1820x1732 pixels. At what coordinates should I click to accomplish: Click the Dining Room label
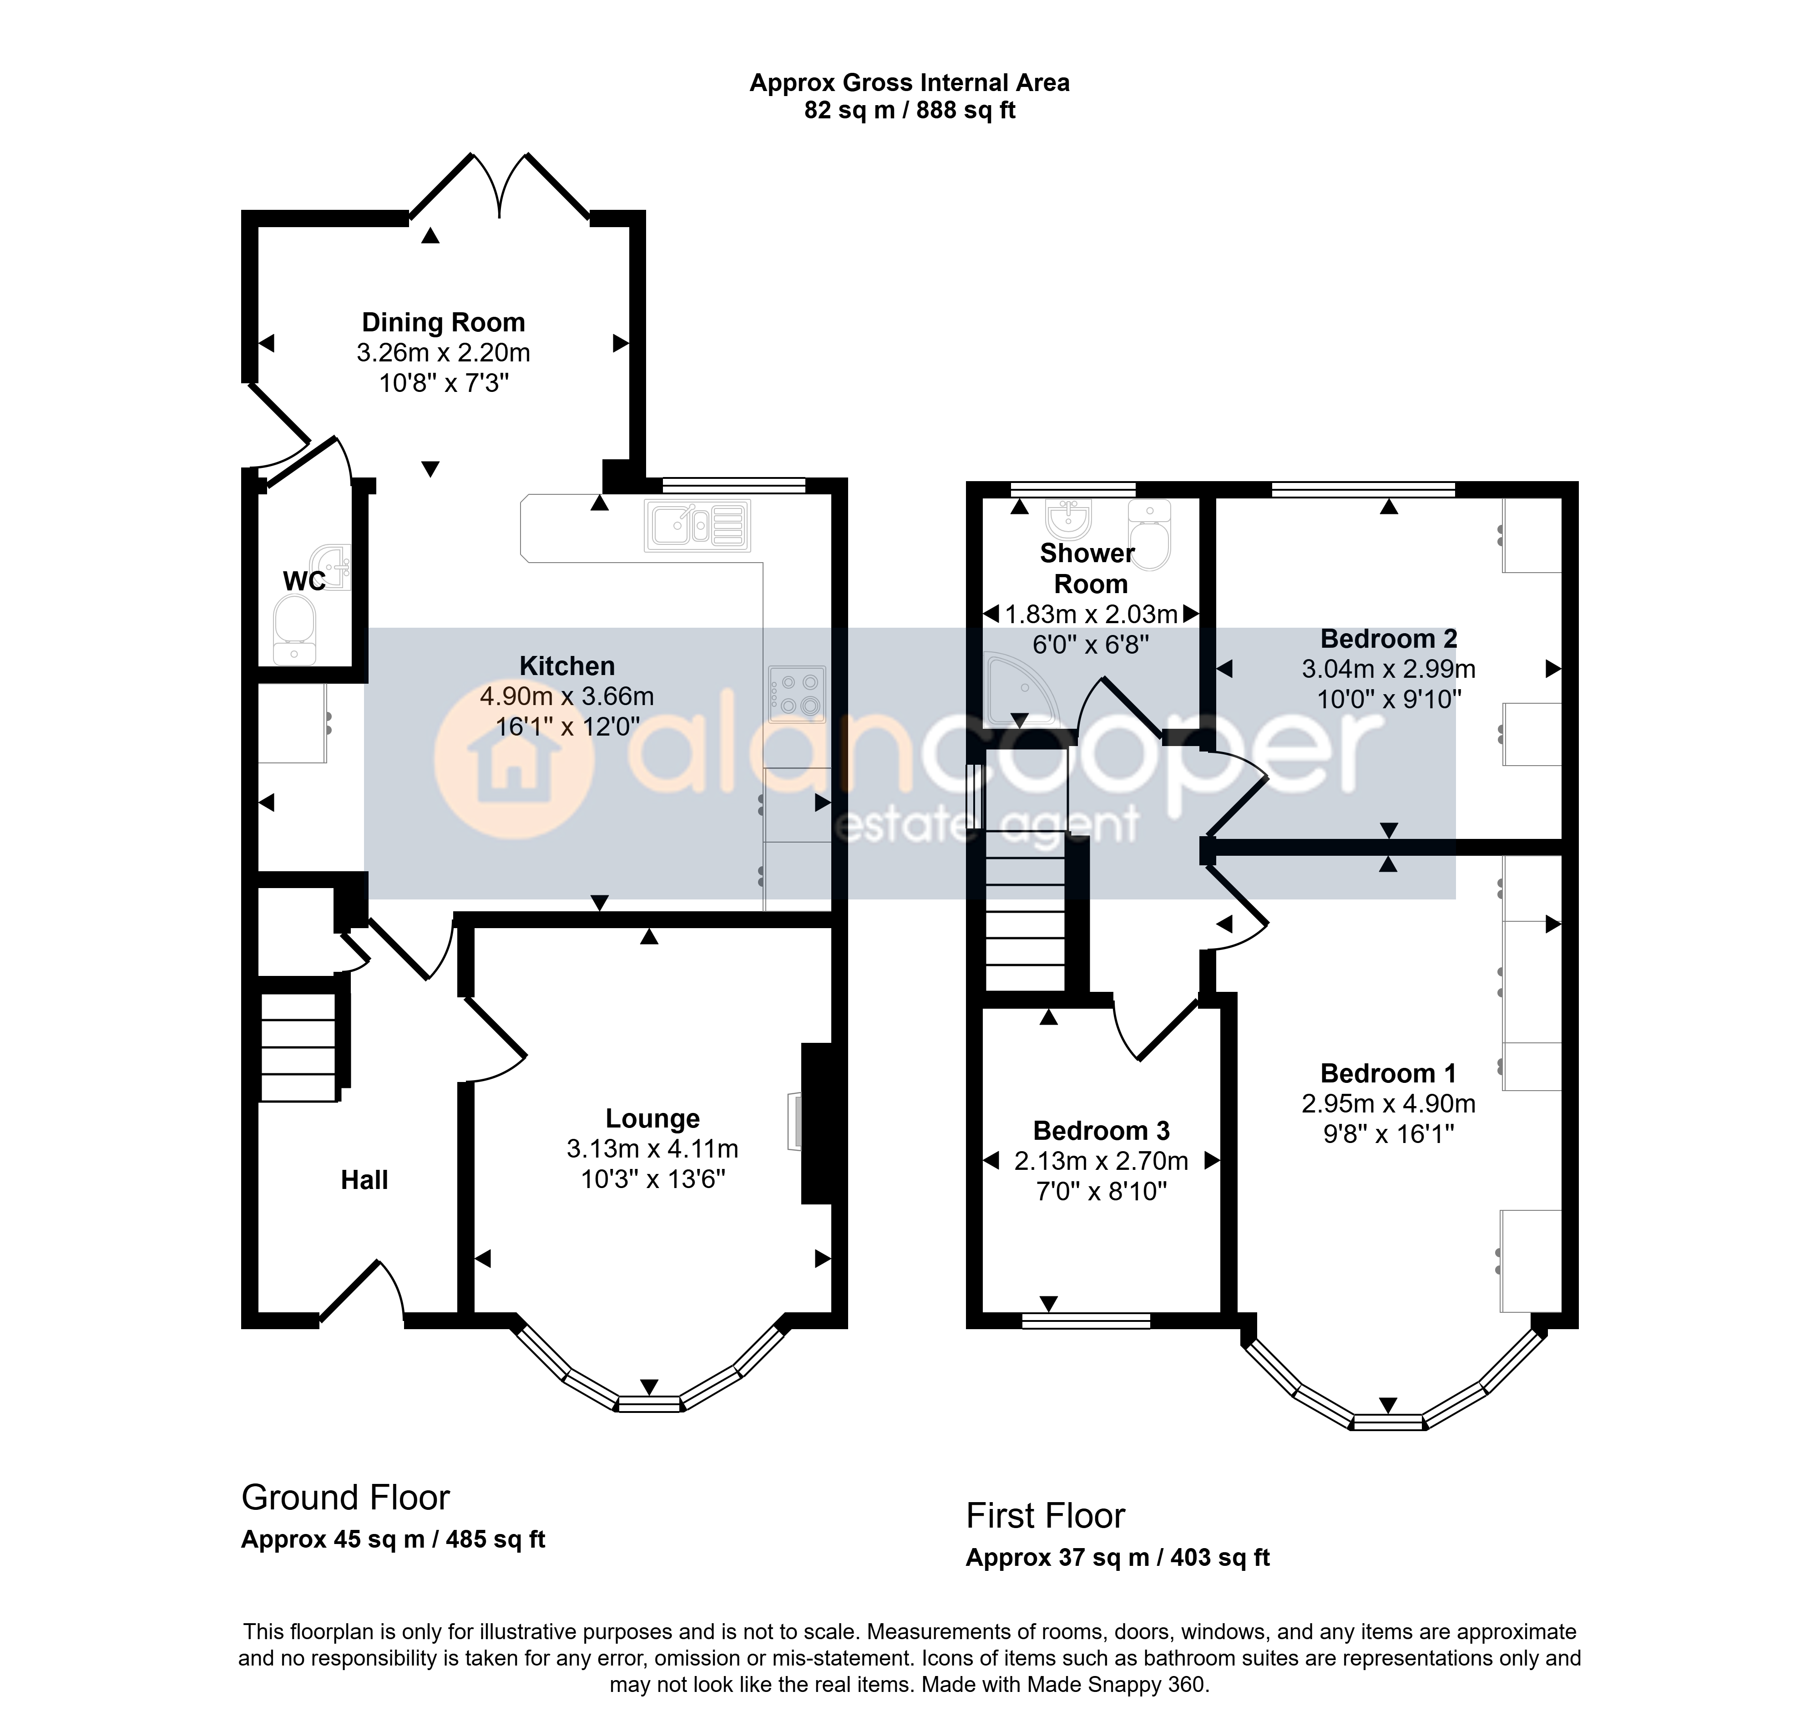pyautogui.click(x=443, y=322)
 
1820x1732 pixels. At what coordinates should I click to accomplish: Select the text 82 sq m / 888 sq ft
pyautogui.click(x=910, y=111)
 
